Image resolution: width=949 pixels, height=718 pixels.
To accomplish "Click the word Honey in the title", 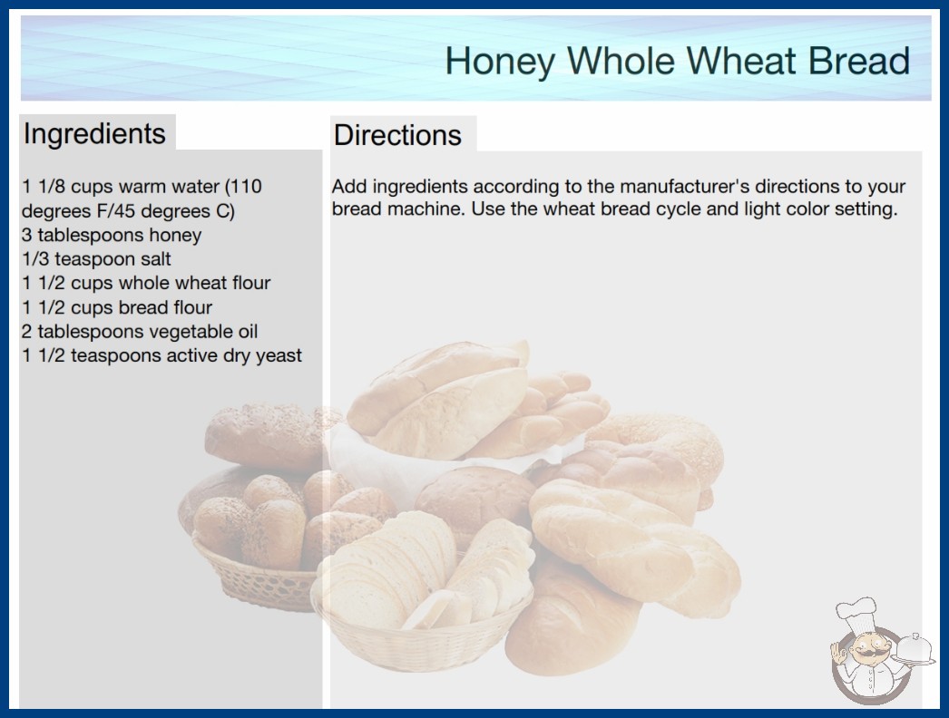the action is pos(500,62).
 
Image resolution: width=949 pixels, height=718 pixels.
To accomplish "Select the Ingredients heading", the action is pos(94,133).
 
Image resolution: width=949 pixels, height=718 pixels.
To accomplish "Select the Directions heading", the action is pos(397,135).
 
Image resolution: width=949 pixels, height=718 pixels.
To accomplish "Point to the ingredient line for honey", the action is pos(112,236).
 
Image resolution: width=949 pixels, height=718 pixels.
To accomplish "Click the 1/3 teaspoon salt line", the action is pos(96,259).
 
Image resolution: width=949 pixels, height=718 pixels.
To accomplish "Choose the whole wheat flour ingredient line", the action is pos(146,283).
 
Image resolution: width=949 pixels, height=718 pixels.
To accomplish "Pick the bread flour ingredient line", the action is pos(117,307).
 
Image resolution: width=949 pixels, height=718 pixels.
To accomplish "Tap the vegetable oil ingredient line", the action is pos(139,332).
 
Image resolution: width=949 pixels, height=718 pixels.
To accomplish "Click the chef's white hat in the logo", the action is pos(856,614).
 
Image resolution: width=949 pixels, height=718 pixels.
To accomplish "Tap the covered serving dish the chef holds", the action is pos(915,650).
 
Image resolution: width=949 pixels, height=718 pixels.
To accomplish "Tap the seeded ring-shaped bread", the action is pos(657,444).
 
